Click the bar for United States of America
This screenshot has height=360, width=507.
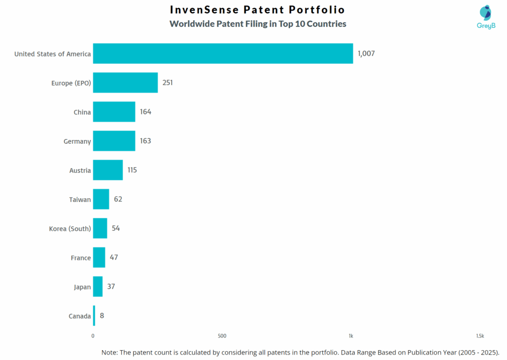(x=223, y=53)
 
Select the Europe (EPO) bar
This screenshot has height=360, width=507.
(x=125, y=83)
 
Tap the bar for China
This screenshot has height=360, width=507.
(x=114, y=112)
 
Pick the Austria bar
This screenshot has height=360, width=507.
(x=107, y=170)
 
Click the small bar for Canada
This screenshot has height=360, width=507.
(x=94, y=316)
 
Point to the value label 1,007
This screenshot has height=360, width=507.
(x=366, y=53)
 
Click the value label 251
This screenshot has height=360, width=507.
(x=167, y=83)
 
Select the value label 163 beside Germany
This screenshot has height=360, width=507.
(x=145, y=141)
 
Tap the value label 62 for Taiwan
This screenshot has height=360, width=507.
(x=118, y=200)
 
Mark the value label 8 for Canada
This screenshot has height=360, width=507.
(x=101, y=316)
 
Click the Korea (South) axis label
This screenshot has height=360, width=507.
(x=70, y=229)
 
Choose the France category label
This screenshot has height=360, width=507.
(x=81, y=258)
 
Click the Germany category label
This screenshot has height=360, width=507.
(x=77, y=142)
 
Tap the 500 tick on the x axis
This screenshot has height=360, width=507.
(x=222, y=336)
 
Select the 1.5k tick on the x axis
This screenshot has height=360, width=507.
(x=480, y=336)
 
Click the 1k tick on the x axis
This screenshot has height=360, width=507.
(x=351, y=336)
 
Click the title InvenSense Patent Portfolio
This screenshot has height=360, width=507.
(x=257, y=10)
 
